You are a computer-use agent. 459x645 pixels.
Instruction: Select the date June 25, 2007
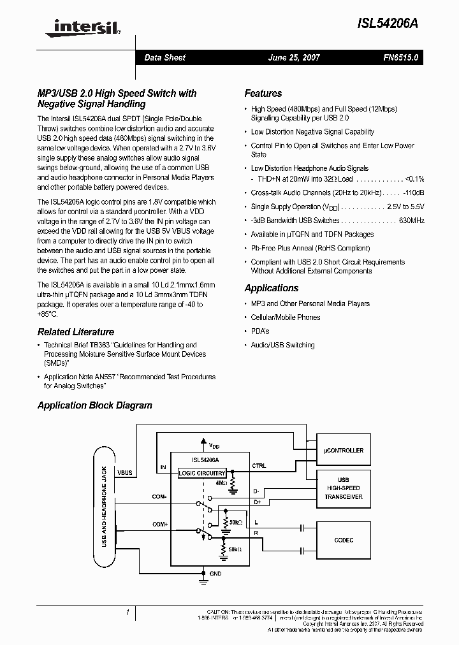pos(294,57)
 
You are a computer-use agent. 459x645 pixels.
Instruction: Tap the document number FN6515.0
pos(400,57)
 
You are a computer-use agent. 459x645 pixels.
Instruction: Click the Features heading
pos(263,93)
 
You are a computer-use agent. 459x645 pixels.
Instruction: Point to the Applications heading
pos(271,288)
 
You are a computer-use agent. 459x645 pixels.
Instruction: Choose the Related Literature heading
pos(76,332)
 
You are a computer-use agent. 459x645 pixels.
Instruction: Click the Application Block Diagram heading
pos(94,405)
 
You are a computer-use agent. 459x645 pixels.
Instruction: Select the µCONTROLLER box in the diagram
pos(344,450)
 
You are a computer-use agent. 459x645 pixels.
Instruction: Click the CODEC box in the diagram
pos(344,540)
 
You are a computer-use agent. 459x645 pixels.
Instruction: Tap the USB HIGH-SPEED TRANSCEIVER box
pos(344,488)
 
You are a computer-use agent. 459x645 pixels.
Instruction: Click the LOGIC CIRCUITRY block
pos(201,473)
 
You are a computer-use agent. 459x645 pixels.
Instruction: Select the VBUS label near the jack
pos(125,473)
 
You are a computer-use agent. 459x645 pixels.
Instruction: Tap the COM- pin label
pos(159,496)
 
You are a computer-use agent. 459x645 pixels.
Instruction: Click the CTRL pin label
pos(259,465)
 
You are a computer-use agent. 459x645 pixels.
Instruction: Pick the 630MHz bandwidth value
pos(411,221)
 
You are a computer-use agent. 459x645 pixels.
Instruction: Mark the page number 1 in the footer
pos(128,612)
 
